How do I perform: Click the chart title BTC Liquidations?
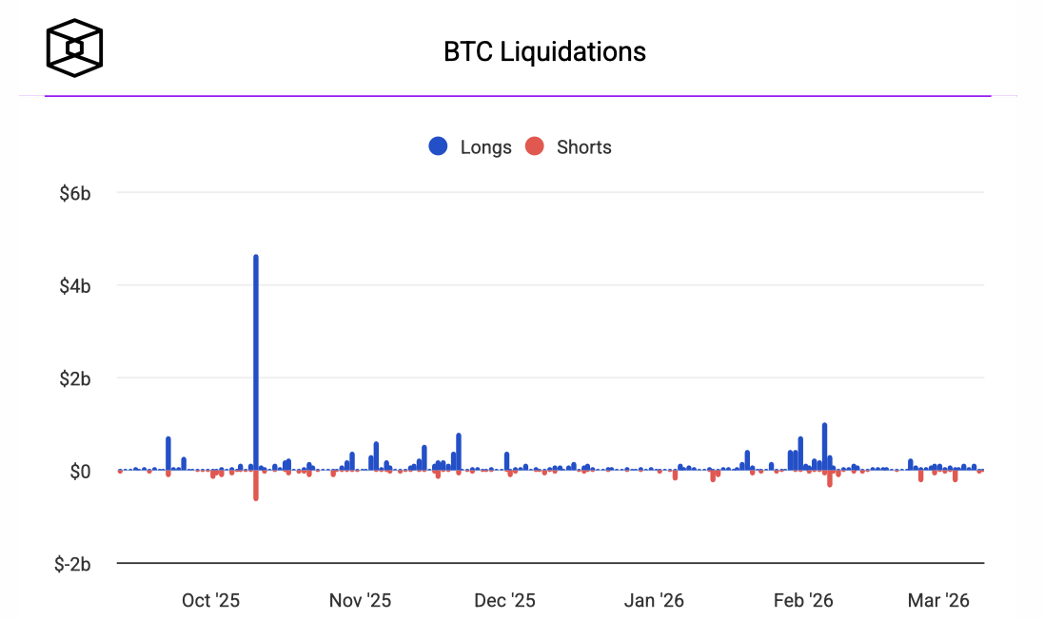click(544, 51)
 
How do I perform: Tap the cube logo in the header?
click(75, 47)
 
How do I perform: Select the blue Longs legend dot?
click(439, 146)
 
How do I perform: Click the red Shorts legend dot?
click(535, 146)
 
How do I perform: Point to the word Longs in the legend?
click(485, 147)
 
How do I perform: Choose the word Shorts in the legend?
click(583, 147)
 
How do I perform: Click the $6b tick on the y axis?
click(74, 193)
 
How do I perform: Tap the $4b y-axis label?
click(74, 285)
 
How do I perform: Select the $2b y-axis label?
click(74, 378)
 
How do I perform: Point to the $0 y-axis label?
click(80, 472)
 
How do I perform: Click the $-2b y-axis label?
click(72, 565)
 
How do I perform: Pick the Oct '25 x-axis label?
click(210, 600)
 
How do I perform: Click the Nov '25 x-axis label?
click(360, 600)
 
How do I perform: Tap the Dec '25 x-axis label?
click(504, 600)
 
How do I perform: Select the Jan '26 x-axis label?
click(654, 600)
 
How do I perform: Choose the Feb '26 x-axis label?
click(803, 600)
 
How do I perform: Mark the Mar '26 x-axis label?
click(938, 600)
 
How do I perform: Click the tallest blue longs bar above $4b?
click(256, 361)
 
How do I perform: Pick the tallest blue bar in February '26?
click(824, 447)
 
